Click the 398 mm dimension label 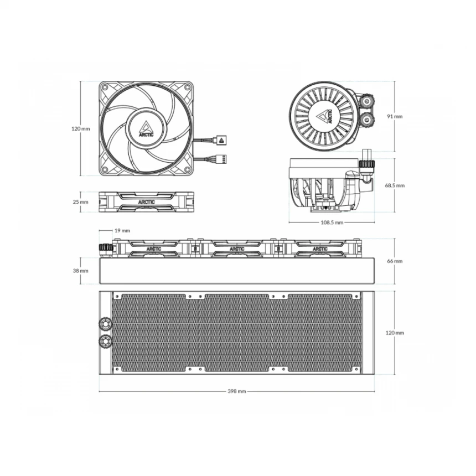point(237,391)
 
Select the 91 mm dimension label point(395,116)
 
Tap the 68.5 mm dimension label point(395,185)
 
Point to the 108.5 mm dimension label point(332,223)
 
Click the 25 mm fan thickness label point(80,202)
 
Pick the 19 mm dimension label point(122,231)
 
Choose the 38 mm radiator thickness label point(80,271)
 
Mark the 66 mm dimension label point(395,261)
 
